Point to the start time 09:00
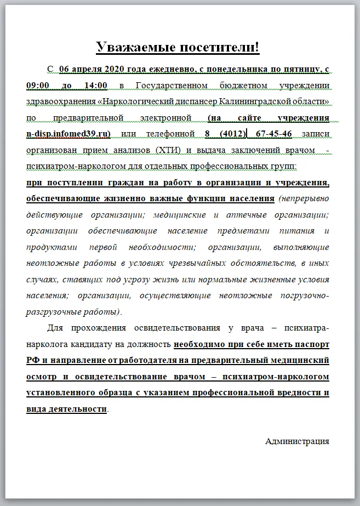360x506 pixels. click(x=39, y=86)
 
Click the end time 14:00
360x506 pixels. click(x=94, y=86)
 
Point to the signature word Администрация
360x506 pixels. click(x=297, y=441)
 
